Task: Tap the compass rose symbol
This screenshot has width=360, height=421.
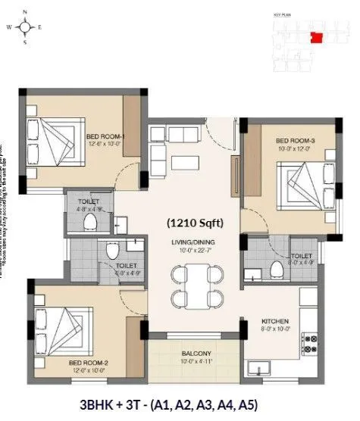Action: [25, 27]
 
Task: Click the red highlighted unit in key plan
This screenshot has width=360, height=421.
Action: [316, 36]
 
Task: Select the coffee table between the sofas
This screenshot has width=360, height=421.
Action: [185, 161]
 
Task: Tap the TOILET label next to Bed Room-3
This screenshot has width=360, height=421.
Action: [302, 257]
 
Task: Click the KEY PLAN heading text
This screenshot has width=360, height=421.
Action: [283, 15]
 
